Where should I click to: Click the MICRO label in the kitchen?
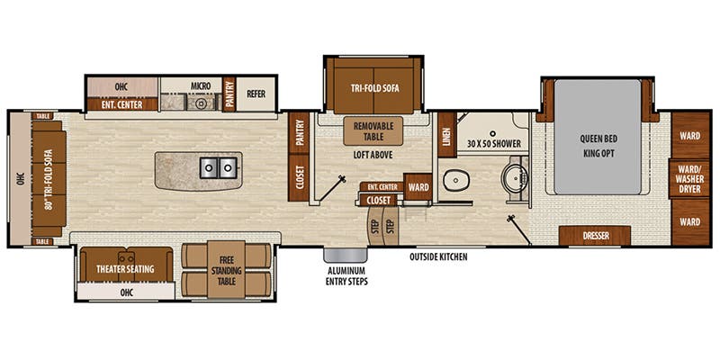200,86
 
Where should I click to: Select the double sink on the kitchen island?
217,167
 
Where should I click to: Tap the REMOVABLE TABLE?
374,131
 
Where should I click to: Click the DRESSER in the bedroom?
594,236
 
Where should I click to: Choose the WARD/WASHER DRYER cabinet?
690,178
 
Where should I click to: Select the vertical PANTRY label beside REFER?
229,93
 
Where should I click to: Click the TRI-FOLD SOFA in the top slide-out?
374,86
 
